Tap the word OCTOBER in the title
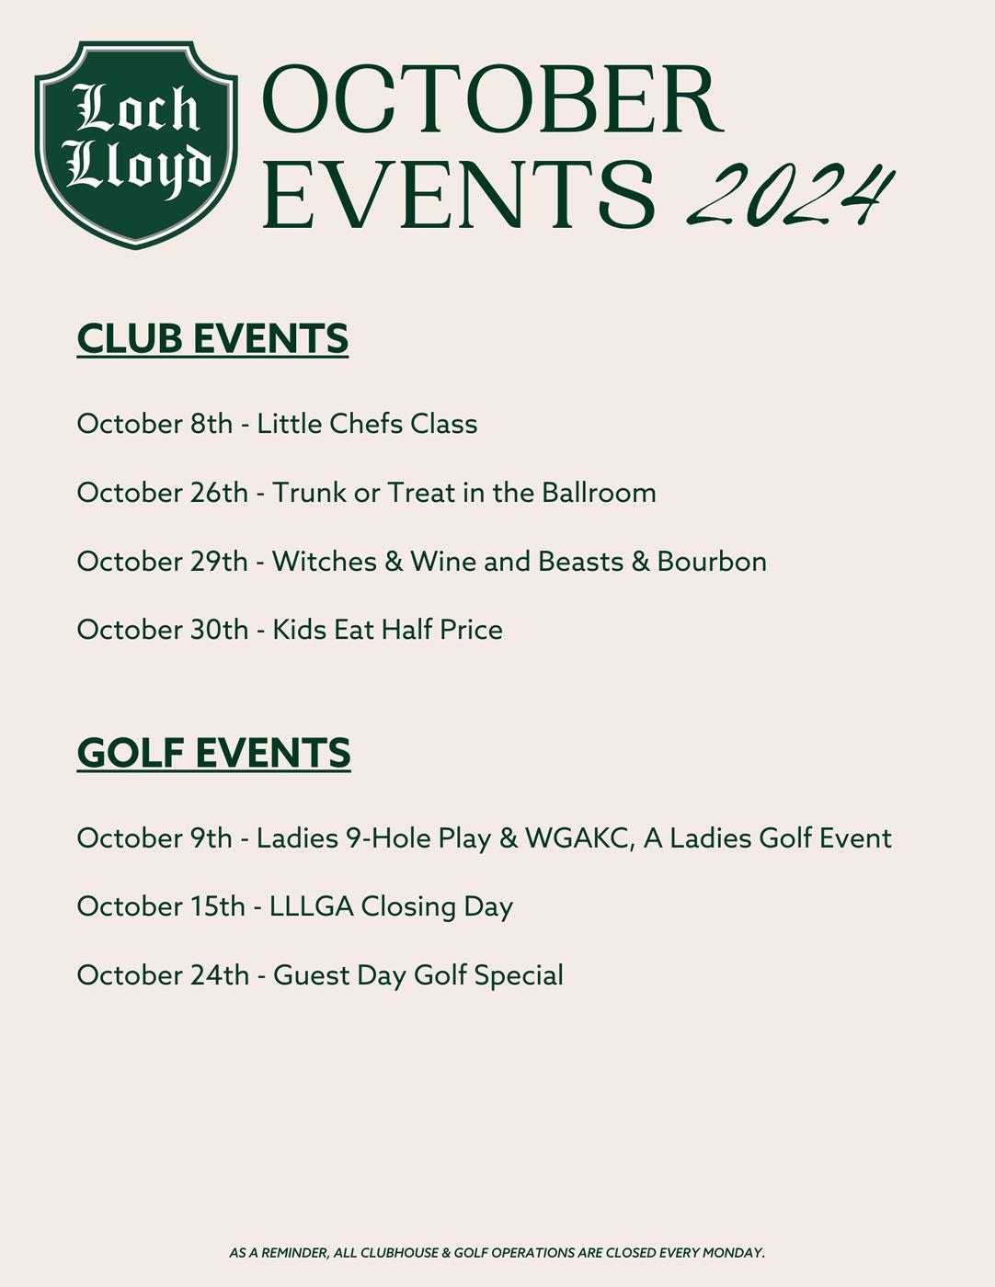click(493, 100)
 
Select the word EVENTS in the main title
click(459, 194)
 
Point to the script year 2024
click(790, 194)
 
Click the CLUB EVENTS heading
click(212, 338)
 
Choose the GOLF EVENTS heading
click(213, 753)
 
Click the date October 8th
click(154, 424)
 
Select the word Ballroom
click(599, 493)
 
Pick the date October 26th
click(163, 493)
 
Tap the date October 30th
click(163, 630)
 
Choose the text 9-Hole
click(398, 838)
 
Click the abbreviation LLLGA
click(311, 906)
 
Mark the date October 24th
click(163, 975)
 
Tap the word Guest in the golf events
click(311, 975)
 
